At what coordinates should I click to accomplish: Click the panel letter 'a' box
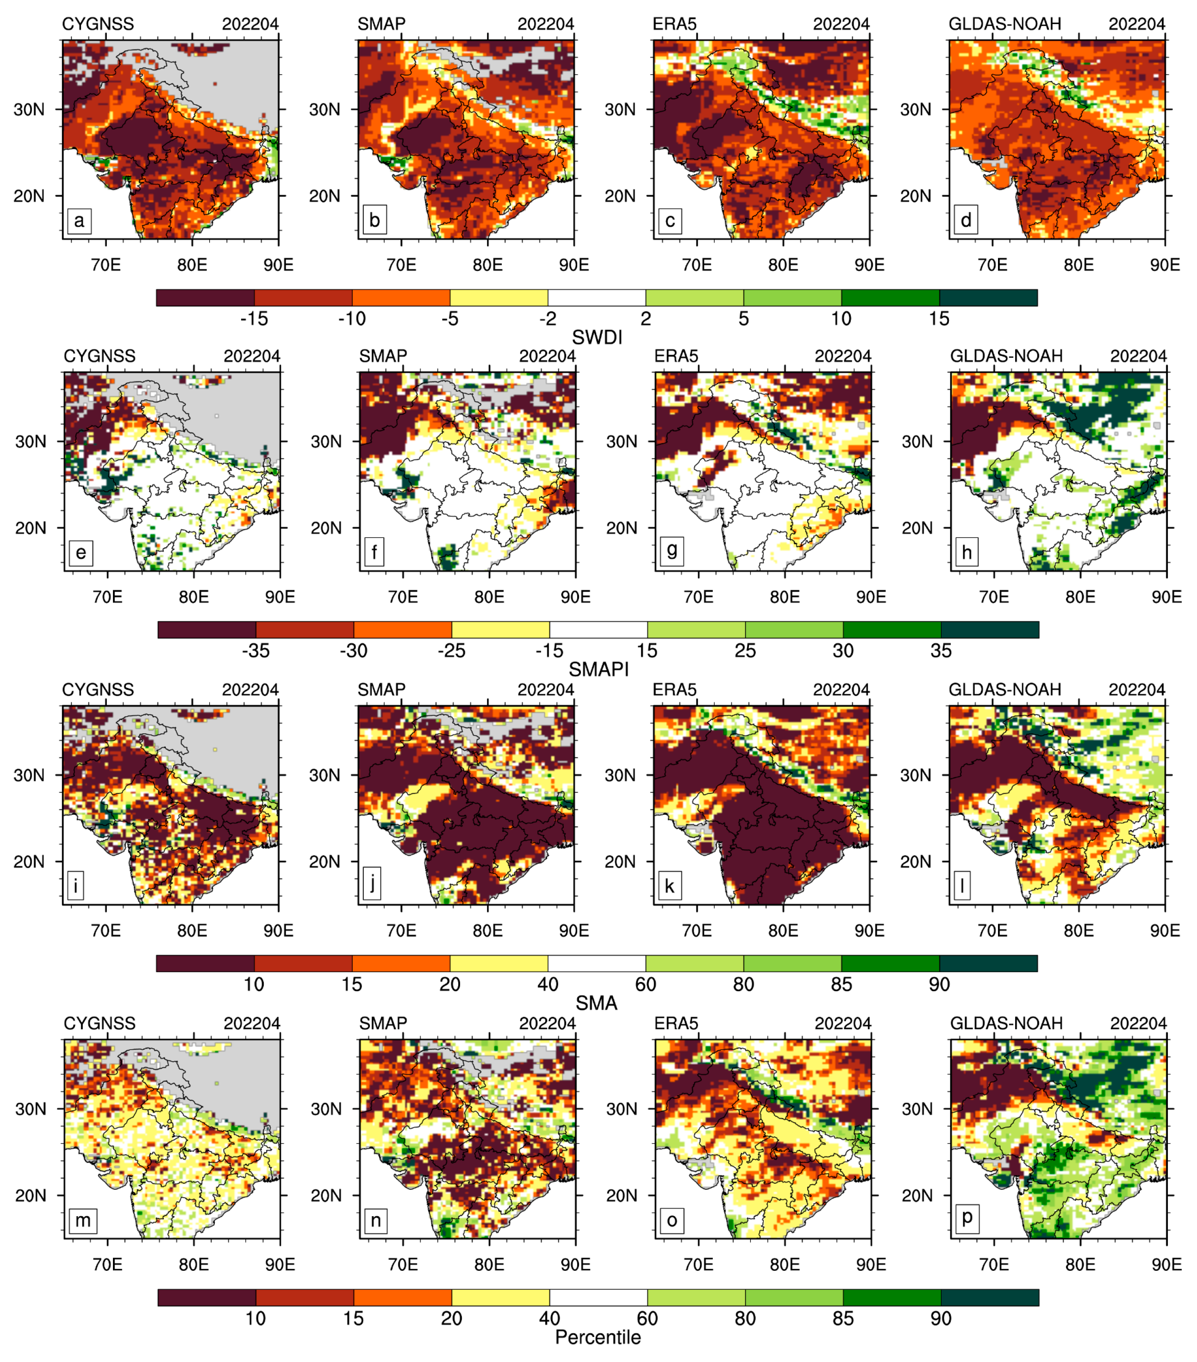click(x=79, y=220)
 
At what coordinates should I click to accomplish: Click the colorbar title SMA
click(x=596, y=1003)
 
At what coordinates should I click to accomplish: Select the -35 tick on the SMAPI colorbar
click(x=256, y=651)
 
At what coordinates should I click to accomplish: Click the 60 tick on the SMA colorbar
click(x=645, y=984)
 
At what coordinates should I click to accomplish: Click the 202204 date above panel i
click(x=250, y=690)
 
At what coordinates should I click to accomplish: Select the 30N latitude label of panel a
click(x=29, y=109)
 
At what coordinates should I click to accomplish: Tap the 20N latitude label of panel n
click(x=326, y=1195)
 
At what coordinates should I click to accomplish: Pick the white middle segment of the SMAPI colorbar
click(x=598, y=630)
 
